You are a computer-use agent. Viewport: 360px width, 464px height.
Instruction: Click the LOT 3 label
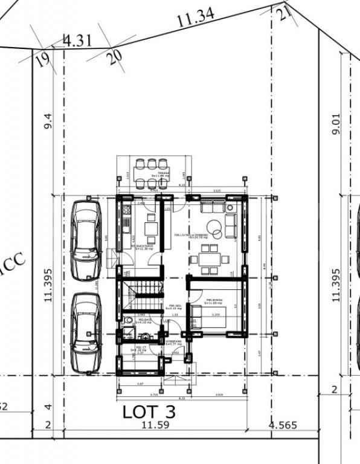[x=149, y=412]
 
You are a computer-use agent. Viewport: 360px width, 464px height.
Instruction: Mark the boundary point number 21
[x=285, y=13]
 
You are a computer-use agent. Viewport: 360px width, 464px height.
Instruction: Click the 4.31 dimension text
[x=77, y=41]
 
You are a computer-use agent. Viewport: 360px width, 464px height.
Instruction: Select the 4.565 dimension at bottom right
[x=283, y=425]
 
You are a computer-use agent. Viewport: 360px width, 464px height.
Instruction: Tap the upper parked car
[x=85, y=239]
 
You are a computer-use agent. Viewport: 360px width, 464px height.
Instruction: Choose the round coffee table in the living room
[x=230, y=220]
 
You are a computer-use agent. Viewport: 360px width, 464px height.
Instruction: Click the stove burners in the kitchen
[x=126, y=211]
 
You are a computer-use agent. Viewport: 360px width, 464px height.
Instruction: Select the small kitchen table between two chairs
[x=151, y=229]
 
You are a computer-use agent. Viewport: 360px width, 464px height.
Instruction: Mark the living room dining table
[x=208, y=260]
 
